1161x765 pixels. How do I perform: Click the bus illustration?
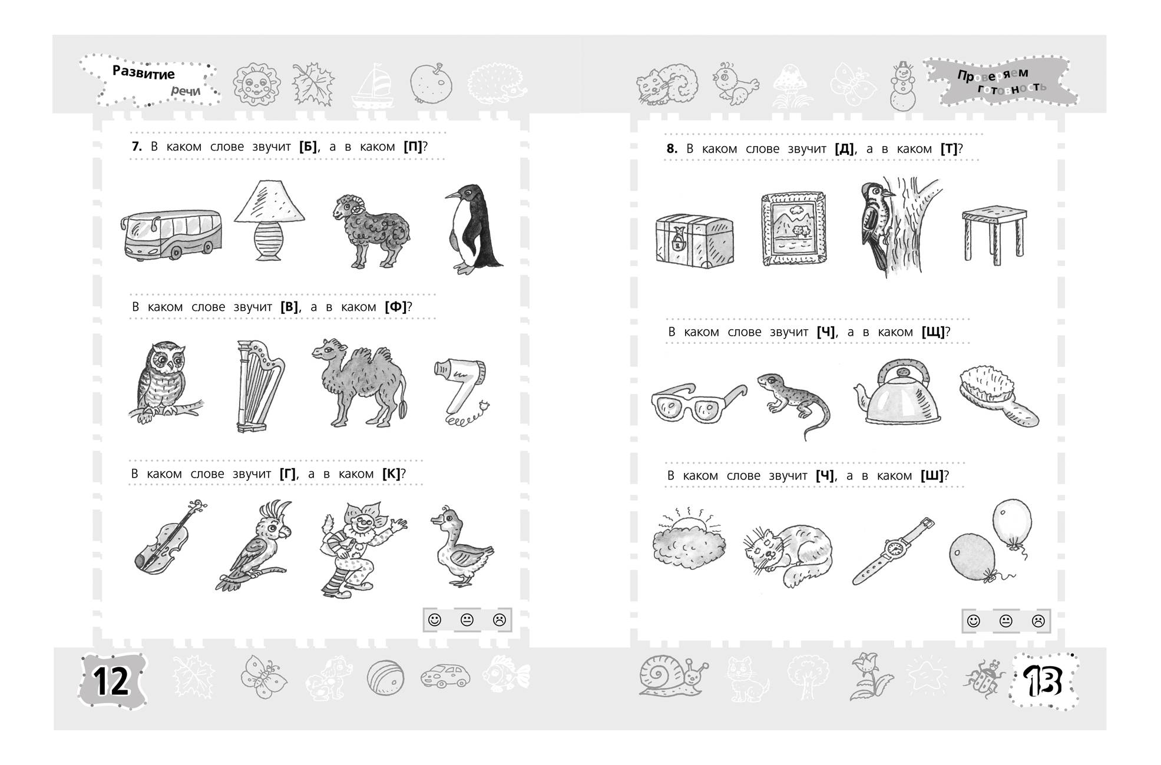click(171, 234)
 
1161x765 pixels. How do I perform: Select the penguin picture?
click(472, 229)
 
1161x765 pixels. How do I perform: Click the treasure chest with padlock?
click(694, 241)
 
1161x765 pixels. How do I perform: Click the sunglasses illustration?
click(698, 402)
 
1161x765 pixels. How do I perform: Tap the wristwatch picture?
click(894, 551)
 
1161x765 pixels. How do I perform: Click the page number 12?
click(111, 682)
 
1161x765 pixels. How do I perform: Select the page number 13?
click(1042, 682)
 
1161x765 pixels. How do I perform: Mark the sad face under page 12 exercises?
click(500, 620)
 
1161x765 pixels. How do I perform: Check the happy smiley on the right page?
click(974, 621)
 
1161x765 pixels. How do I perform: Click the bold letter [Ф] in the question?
click(396, 307)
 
